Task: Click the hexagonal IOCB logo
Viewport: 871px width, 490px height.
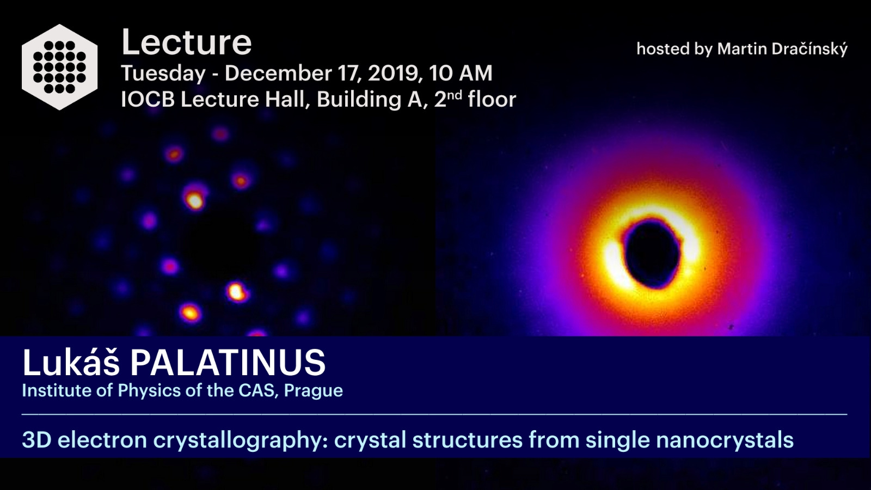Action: coord(59,67)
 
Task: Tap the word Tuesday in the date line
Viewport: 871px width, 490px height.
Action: coord(163,74)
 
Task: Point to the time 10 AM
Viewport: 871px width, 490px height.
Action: coord(461,73)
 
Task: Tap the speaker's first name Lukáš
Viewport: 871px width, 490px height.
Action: coord(71,362)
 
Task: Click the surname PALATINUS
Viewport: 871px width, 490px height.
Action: coord(228,363)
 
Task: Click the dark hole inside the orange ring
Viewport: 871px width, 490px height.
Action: coord(652,253)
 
